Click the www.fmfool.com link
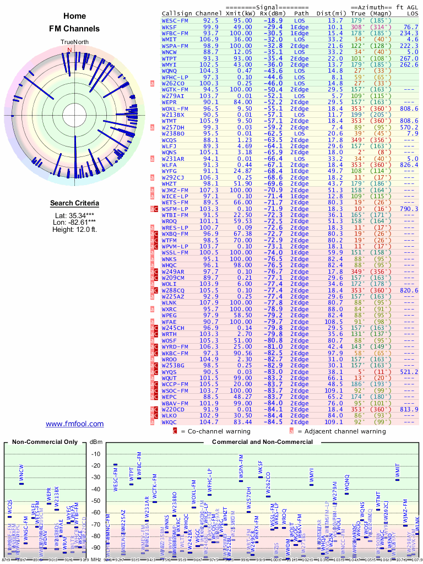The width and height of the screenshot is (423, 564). pos(74,424)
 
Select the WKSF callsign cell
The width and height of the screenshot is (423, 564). pos(170,26)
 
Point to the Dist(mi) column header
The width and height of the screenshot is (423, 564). pos(330,13)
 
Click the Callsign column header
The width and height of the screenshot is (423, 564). pos(177,13)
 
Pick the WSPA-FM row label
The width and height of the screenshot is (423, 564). pos(176,46)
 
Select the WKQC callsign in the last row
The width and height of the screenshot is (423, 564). pos(170,422)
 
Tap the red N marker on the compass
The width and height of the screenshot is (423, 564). pos(69,50)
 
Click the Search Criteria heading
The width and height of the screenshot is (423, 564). pos(74,203)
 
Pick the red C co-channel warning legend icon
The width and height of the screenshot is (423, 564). pos(175,431)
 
